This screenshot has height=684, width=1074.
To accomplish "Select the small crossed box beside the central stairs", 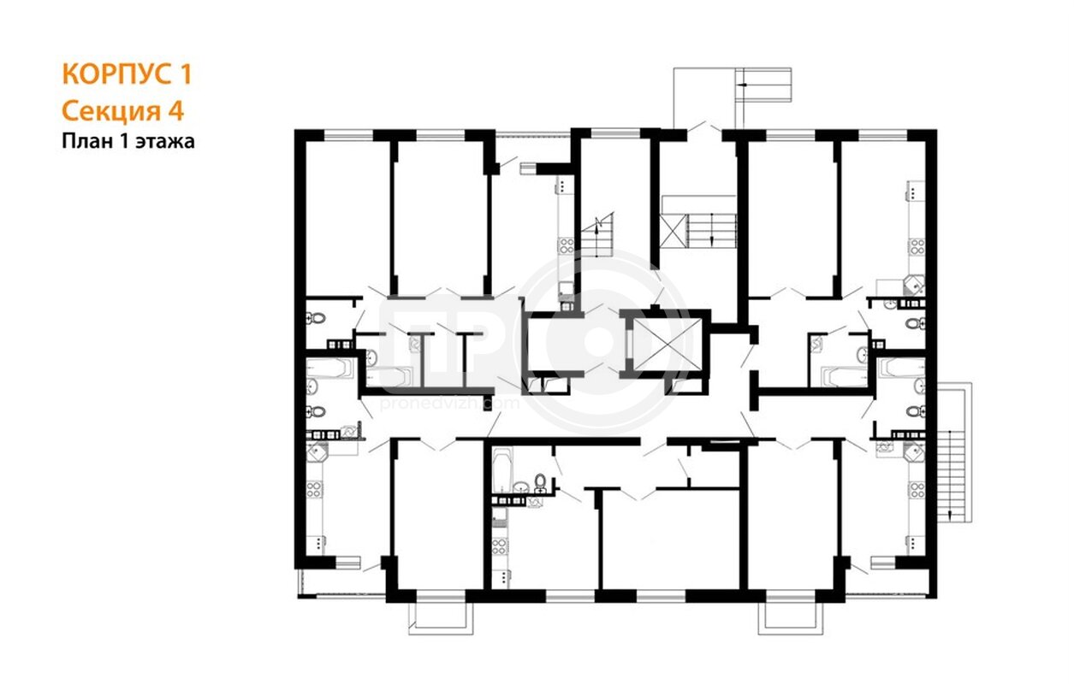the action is pyautogui.click(x=673, y=231).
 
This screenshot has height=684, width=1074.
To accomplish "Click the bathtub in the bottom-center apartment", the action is pyautogui.click(x=503, y=469).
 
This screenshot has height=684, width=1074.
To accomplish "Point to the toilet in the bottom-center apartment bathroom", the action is pyautogui.click(x=540, y=482).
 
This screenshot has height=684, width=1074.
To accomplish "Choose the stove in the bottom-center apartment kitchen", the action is pyautogui.click(x=500, y=547).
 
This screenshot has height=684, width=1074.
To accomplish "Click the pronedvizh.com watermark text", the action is pyautogui.click(x=449, y=404).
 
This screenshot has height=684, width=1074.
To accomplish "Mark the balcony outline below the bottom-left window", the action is pyautogui.click(x=441, y=619).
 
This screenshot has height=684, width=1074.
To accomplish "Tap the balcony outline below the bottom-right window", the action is pyautogui.click(x=791, y=619).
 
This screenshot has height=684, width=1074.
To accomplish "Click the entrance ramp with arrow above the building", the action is pyautogui.click(x=763, y=85).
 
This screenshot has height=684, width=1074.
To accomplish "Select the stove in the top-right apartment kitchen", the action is pyautogui.click(x=917, y=248).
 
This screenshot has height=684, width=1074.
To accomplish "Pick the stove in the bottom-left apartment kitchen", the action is pyautogui.click(x=314, y=490).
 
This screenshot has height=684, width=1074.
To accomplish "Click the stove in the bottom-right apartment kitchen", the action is pyautogui.click(x=917, y=490).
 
